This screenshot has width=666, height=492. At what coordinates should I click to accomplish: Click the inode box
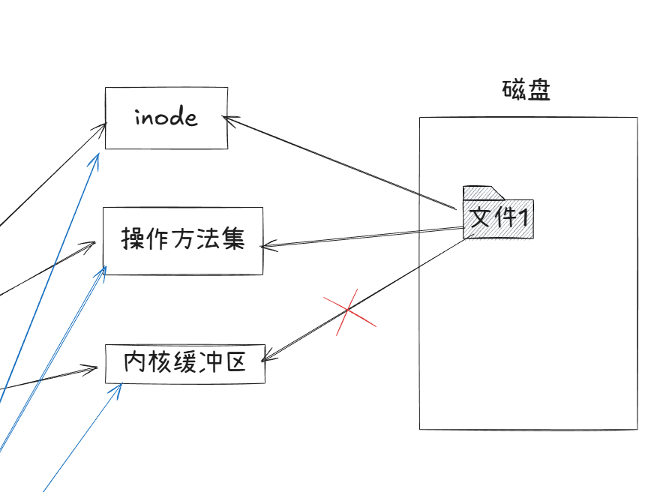(x=166, y=118)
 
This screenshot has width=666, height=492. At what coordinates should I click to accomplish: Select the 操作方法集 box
(x=183, y=240)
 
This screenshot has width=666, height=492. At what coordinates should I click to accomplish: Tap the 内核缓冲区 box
(x=184, y=364)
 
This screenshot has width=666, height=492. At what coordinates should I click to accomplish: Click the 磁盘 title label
(x=526, y=91)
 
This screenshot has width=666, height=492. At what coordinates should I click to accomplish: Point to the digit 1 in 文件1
(x=525, y=218)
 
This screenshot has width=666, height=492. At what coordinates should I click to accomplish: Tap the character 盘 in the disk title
(x=539, y=91)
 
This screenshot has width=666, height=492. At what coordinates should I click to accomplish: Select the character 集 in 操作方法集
(x=234, y=240)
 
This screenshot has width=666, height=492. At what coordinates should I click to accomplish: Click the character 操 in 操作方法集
(x=133, y=240)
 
